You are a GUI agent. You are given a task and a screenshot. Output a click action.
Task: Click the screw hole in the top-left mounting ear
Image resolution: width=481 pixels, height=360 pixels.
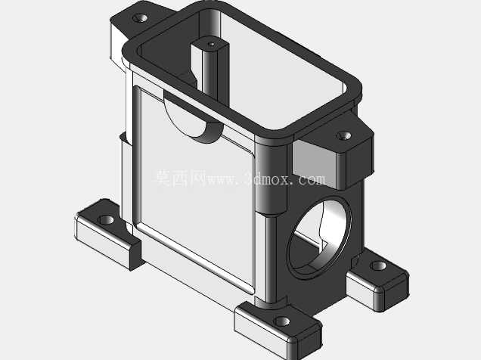[140, 18]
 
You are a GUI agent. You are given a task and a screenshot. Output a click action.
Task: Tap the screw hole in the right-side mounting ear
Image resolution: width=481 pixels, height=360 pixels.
[344, 135]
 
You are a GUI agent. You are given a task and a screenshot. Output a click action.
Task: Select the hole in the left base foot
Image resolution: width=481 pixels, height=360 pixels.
[106, 219]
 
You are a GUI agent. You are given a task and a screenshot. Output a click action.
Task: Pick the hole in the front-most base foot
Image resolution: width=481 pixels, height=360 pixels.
[281, 321]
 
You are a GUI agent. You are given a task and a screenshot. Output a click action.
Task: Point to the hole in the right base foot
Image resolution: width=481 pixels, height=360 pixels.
[378, 265]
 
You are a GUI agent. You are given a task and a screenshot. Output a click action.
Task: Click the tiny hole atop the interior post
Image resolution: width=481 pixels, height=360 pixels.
[211, 45]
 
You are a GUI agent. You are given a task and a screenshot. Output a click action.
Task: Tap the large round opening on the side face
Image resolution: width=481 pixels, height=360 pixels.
[319, 237]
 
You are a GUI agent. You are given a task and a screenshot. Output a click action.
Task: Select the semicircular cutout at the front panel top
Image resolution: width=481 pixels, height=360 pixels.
[192, 119]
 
